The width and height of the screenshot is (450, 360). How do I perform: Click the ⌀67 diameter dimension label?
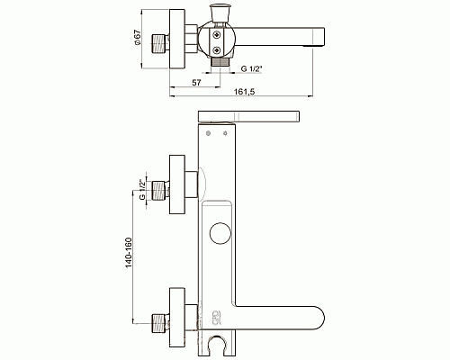pyautogui.click(x=138, y=38)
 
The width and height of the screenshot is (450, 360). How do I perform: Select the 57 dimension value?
pyautogui.click(x=196, y=83)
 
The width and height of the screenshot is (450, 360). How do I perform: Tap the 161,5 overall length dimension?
pyautogui.click(x=245, y=92)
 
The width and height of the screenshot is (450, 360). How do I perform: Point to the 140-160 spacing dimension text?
pyautogui.click(x=129, y=253)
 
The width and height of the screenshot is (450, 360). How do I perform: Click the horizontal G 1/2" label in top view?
pyautogui.click(x=251, y=68)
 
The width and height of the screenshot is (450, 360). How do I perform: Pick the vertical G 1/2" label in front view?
pyautogui.click(x=142, y=189)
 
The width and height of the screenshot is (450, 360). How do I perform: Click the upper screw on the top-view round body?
pyautogui.click(x=216, y=35)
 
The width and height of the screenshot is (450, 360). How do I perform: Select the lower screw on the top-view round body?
pyautogui.click(x=216, y=50)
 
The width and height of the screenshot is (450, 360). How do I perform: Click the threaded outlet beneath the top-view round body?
pyautogui.click(x=220, y=62)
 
